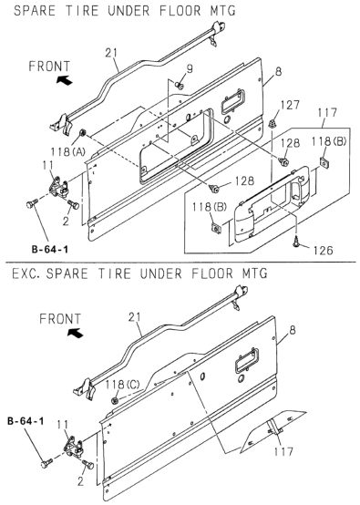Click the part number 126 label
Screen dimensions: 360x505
[x=323, y=250]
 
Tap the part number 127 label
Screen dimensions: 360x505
[x=290, y=106]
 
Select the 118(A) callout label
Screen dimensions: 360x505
[x=66, y=151]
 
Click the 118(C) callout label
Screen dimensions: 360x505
[x=123, y=385]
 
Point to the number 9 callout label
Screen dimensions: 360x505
[x=190, y=68]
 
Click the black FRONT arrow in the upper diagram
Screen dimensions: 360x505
[x=65, y=79]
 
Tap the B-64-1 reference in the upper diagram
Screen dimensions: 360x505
[x=50, y=249]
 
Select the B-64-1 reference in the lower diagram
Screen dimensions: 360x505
[x=26, y=421]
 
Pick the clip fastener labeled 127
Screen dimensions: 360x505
[x=273, y=123]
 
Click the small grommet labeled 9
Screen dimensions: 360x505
[x=180, y=86]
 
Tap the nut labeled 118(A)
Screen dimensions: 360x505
[x=82, y=132]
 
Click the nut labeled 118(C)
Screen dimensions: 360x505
[x=115, y=401]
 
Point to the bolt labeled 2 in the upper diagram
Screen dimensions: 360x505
[x=73, y=204]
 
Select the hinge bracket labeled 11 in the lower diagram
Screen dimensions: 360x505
[x=74, y=448]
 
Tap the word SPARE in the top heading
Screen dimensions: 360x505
[x=35, y=11]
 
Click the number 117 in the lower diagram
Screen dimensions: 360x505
[x=283, y=451]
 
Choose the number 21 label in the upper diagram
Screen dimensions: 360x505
[x=112, y=53]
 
